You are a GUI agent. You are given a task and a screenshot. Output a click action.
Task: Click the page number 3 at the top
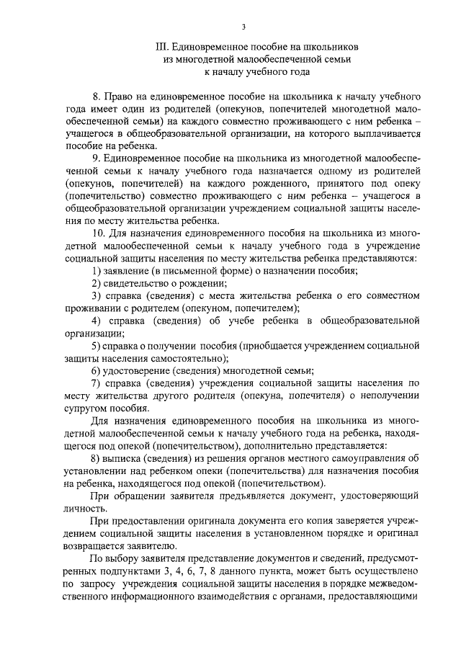pyautogui.click(x=244, y=27)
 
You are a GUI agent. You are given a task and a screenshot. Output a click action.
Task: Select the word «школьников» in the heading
pyautogui.click(x=333, y=47)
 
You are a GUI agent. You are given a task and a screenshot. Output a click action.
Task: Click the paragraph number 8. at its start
pyautogui.click(x=98, y=96)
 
